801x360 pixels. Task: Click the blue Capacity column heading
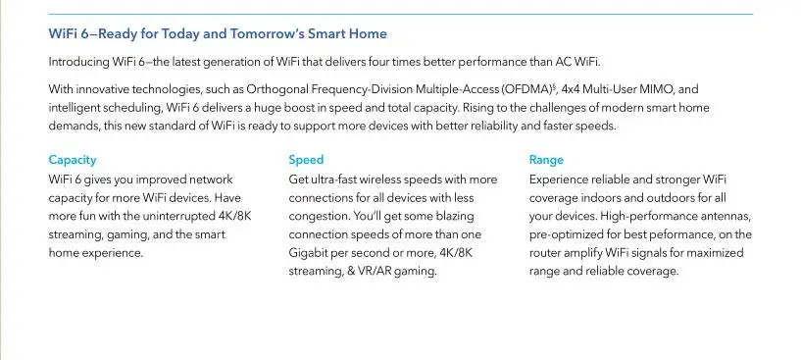click(x=72, y=160)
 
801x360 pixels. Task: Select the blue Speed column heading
click(x=306, y=160)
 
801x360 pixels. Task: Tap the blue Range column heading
click(x=546, y=160)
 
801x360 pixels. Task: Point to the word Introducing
click(x=78, y=63)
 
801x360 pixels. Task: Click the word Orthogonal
click(x=277, y=89)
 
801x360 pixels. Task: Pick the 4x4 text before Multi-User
click(x=571, y=89)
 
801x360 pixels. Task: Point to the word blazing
click(x=452, y=217)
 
